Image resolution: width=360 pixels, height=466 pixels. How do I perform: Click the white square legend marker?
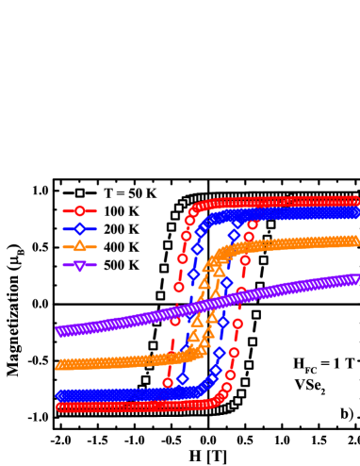[x=79, y=192]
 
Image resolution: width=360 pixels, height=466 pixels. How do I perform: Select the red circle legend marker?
[x=79, y=210]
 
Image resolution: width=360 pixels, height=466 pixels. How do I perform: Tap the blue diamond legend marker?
[x=79, y=228]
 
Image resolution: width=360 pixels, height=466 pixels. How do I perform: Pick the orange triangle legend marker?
[x=79, y=246]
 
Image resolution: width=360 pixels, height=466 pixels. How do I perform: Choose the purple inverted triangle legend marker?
[x=79, y=265]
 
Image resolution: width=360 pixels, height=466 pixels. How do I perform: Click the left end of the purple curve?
[x=59, y=331]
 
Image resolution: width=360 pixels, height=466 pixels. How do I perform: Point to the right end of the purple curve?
[x=355, y=279]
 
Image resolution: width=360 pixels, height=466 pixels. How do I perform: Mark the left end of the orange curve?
[x=59, y=366]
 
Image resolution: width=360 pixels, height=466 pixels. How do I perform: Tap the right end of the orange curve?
[x=355, y=241]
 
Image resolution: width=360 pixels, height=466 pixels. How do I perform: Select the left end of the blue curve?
[x=59, y=395]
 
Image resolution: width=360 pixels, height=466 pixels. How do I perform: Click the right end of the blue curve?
[x=355, y=213]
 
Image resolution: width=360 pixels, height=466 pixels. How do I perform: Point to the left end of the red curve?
[x=59, y=407]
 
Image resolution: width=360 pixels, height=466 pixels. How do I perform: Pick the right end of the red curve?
[x=355, y=201]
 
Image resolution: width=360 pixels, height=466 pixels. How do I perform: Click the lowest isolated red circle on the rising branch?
[x=168, y=382]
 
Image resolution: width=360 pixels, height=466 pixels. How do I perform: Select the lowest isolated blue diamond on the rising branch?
[x=183, y=378]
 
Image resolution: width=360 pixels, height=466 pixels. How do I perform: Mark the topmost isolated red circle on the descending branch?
[x=252, y=224]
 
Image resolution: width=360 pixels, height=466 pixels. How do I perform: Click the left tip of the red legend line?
[x=63, y=210]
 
